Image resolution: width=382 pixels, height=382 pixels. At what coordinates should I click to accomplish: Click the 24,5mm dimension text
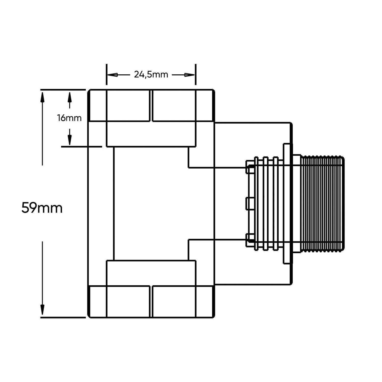[x=151, y=75]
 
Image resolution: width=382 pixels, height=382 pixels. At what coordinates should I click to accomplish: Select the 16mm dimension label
[x=69, y=118]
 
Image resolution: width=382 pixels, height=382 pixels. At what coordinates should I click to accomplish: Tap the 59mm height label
[x=42, y=208]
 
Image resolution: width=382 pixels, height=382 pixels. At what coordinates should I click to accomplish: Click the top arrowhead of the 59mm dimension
[x=43, y=98]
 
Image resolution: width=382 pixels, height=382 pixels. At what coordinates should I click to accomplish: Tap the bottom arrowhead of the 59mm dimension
[x=43, y=309]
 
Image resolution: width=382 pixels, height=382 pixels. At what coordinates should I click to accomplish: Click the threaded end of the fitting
[x=322, y=204]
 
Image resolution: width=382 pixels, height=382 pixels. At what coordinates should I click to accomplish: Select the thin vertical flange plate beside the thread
[x=286, y=204]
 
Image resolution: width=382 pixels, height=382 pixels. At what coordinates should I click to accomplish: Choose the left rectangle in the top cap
[x=128, y=105]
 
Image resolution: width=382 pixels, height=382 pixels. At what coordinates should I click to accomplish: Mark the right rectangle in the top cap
[x=174, y=105]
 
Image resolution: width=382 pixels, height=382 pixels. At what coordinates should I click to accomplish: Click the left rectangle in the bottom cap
[x=128, y=301]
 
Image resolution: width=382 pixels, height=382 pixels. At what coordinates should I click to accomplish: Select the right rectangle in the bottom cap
[x=174, y=301]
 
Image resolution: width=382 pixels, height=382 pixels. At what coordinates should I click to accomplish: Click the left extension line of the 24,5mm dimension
[x=106, y=74]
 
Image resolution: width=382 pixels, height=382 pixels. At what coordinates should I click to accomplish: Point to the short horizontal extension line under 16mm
[x=81, y=146]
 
